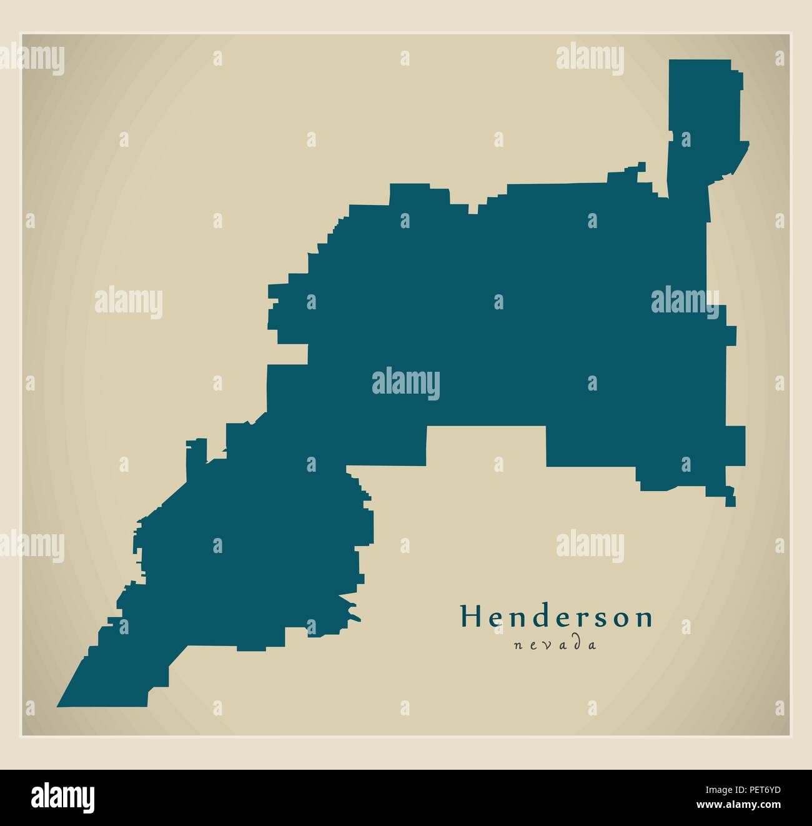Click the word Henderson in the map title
(557, 617)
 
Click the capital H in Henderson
(469, 617)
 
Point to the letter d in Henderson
(542, 617)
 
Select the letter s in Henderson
(597, 619)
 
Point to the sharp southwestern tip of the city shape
(61, 705)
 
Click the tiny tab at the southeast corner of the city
(730, 500)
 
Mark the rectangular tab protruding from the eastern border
(736, 445)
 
